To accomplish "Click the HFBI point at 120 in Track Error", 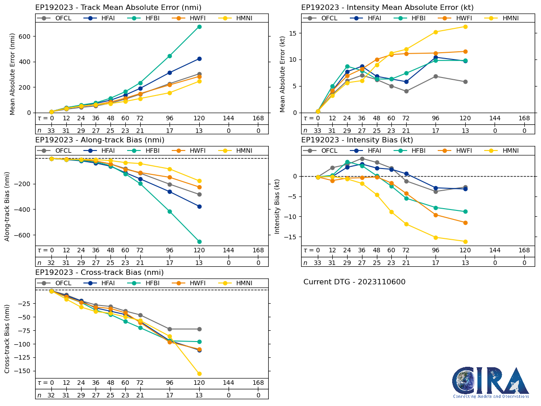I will pyautogui.click(x=199, y=27).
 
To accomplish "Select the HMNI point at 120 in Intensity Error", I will pyautogui.click(x=465, y=27).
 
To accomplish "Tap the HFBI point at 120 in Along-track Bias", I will pyautogui.click(x=199, y=242).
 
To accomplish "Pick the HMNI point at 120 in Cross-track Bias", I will pyautogui.click(x=199, y=374).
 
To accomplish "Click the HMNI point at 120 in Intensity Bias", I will pyautogui.click(x=465, y=242).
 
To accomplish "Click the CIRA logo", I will pyautogui.click(x=491, y=383).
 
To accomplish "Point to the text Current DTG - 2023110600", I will pyautogui.click(x=354, y=282).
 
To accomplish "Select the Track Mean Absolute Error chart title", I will pyautogui.click(x=118, y=8).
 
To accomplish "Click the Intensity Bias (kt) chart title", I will pyautogui.click(x=357, y=140).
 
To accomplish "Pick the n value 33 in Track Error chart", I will pyautogui.click(x=51, y=131).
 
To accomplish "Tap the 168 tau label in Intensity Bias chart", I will pyautogui.click(x=524, y=251).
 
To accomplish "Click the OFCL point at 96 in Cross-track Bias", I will pyautogui.click(x=170, y=329).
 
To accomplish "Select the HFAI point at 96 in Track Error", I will pyautogui.click(x=170, y=73).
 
